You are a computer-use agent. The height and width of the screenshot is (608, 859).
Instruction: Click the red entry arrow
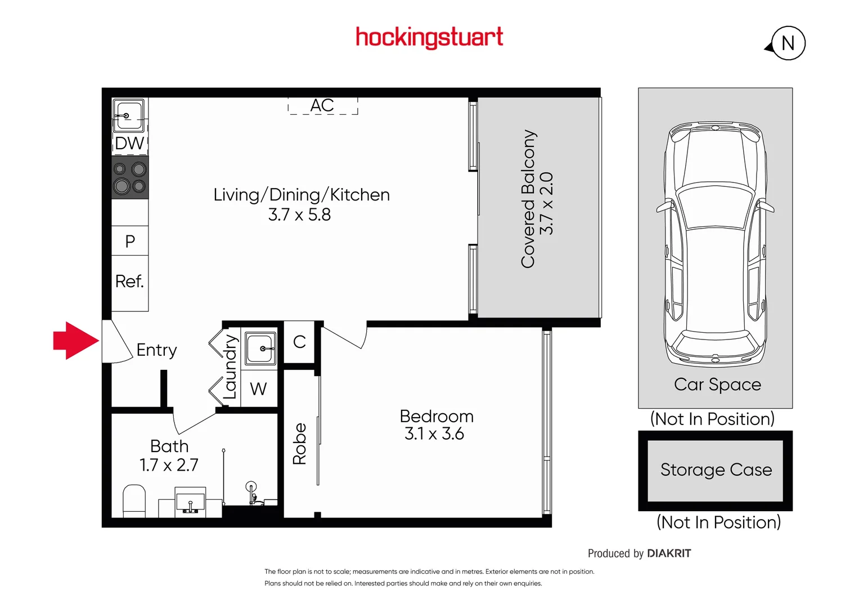click(76, 341)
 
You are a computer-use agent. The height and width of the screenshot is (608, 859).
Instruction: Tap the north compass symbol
click(786, 43)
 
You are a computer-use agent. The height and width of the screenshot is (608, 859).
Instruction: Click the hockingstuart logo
click(429, 38)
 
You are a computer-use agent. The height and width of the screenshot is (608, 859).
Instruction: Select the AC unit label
click(322, 105)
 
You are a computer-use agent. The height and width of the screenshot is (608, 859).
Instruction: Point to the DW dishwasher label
click(129, 144)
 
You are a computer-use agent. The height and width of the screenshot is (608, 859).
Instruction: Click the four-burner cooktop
click(130, 177)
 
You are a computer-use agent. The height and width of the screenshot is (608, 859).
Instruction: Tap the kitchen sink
click(129, 115)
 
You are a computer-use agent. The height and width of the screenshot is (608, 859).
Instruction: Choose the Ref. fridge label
click(129, 281)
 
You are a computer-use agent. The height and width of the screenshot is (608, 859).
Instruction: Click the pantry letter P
click(130, 242)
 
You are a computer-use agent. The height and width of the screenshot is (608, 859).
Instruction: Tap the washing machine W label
click(258, 389)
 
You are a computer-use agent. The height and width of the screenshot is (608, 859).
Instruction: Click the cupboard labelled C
click(299, 342)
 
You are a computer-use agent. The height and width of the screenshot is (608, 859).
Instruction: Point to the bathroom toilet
click(134, 501)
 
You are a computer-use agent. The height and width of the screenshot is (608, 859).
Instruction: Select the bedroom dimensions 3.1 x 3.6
click(434, 433)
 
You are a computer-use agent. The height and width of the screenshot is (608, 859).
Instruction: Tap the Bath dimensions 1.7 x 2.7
click(169, 465)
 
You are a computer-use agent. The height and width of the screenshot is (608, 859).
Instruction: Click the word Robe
click(299, 444)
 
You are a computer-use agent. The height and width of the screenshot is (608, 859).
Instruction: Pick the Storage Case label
click(716, 470)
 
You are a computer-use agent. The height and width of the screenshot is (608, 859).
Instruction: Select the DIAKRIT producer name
click(669, 553)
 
